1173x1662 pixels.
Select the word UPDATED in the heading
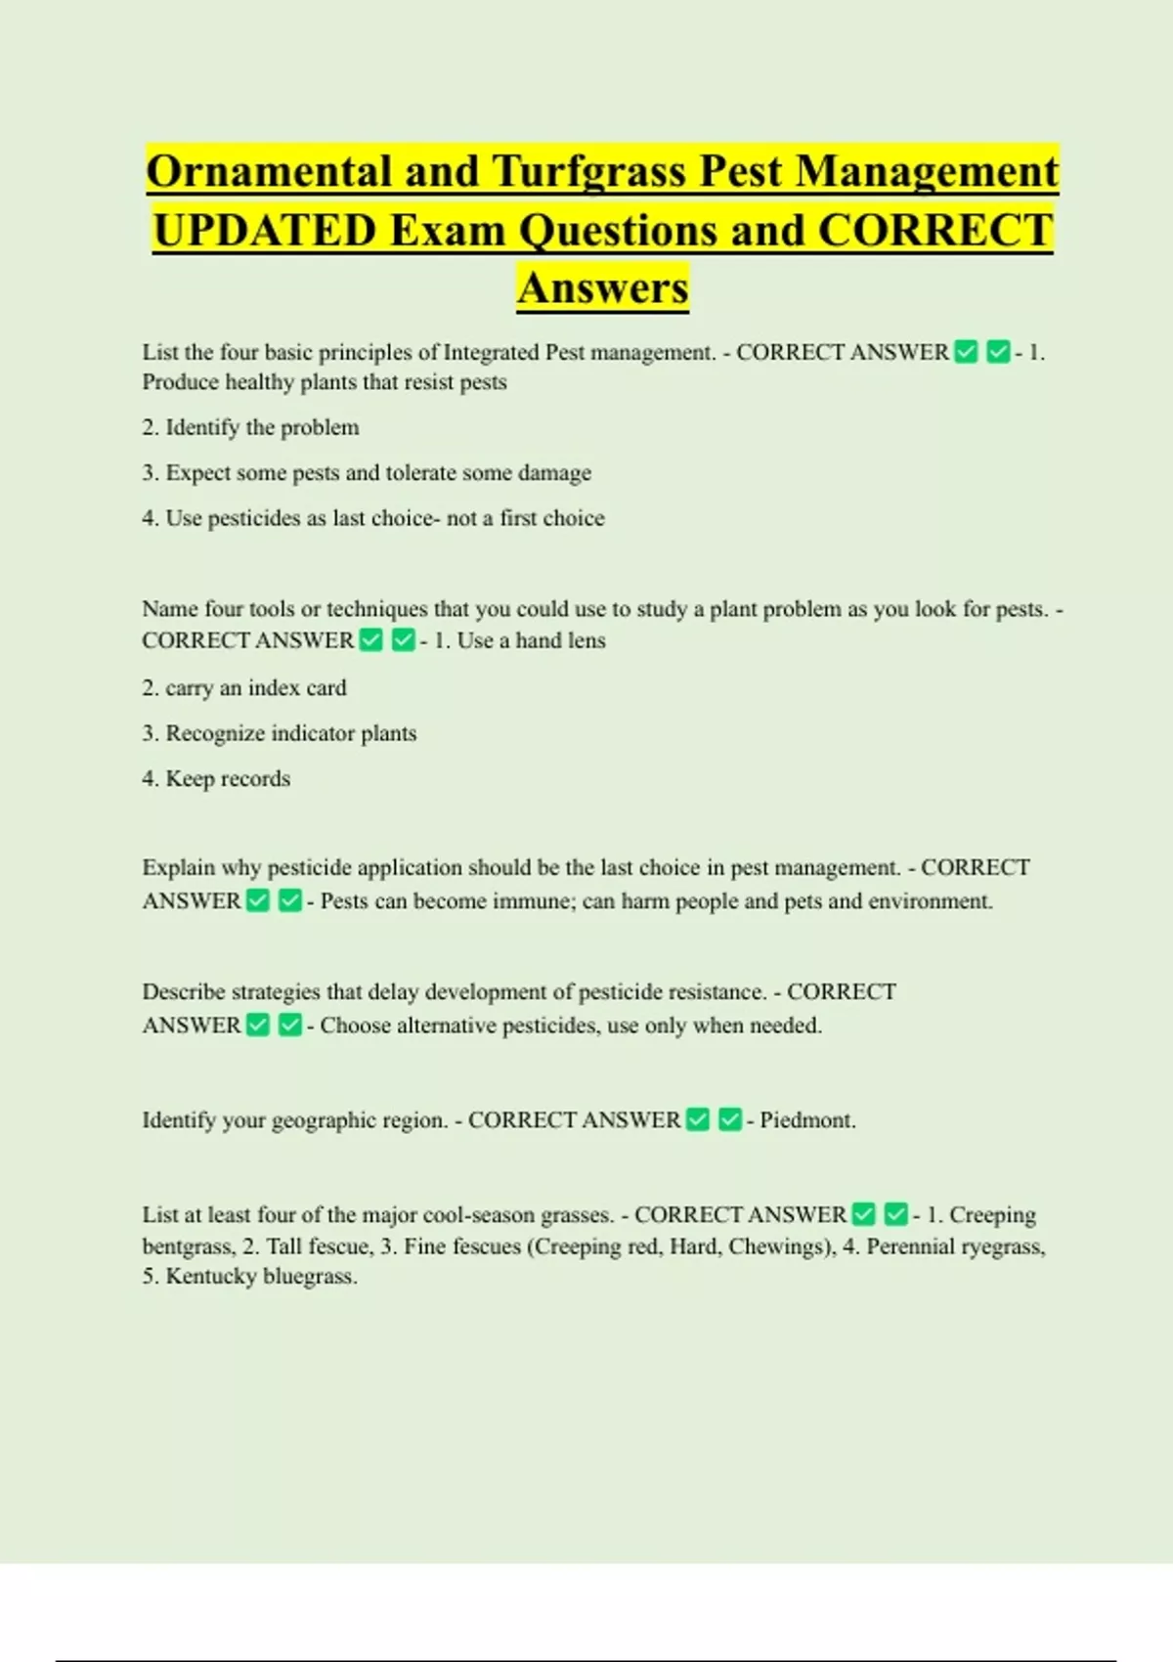pos(265,232)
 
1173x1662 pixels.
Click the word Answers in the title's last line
pos(603,288)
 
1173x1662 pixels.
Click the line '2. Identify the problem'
pos(250,427)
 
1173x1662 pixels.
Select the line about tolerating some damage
pos(367,473)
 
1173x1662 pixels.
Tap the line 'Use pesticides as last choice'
pos(373,518)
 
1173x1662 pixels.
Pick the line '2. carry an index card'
pos(244,688)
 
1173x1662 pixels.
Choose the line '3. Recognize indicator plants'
pos(280,733)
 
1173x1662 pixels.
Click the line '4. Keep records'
pos(216,779)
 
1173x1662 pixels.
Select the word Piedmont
pos(806,1120)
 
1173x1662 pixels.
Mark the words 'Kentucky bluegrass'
pos(261,1277)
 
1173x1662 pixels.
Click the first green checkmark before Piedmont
pos(698,1120)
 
